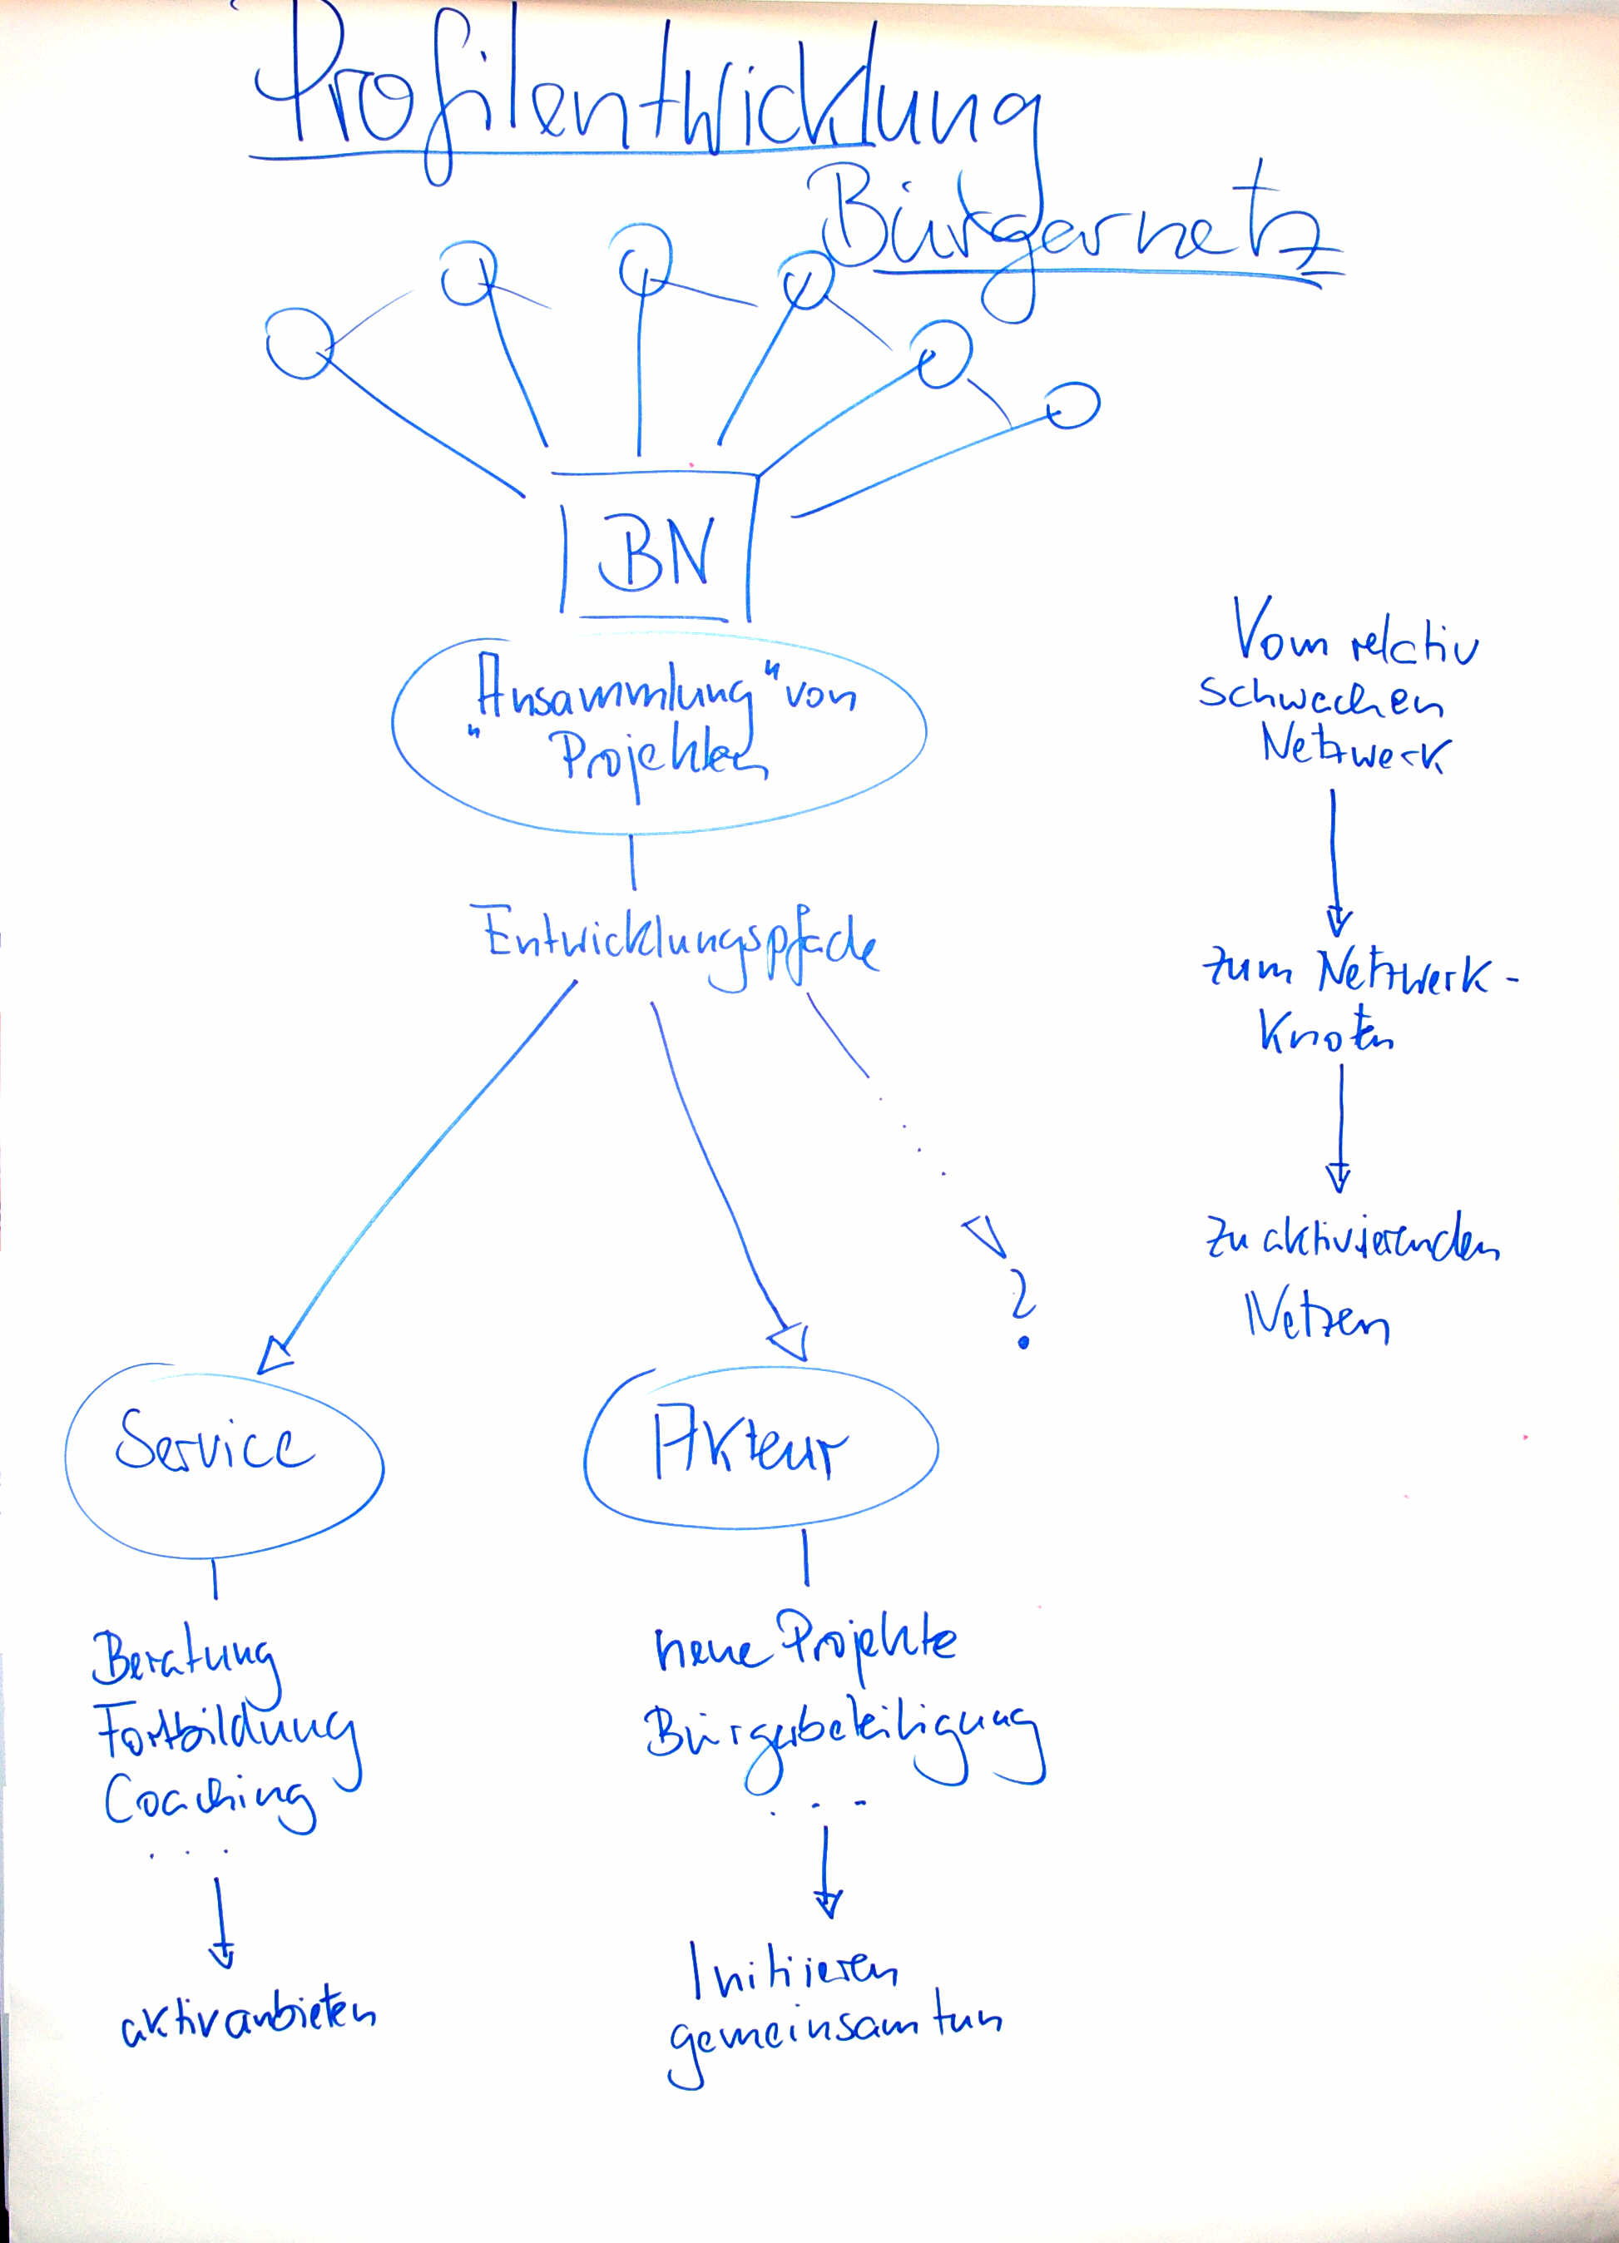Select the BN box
[x=655, y=550]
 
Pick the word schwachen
[x=1320, y=698]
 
